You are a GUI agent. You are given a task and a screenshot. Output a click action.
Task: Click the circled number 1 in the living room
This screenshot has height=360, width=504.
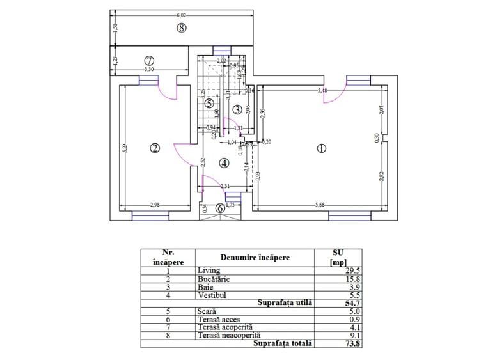click(322, 148)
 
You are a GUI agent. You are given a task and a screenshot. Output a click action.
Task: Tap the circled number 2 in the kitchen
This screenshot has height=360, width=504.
click(154, 148)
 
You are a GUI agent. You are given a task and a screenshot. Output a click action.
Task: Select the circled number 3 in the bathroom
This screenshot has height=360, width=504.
click(237, 110)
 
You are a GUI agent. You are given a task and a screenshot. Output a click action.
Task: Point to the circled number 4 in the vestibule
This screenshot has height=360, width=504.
click(223, 163)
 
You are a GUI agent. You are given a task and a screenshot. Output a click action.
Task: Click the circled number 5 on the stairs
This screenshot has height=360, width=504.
click(209, 102)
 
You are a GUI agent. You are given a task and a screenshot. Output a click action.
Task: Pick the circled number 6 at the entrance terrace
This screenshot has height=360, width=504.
click(220, 207)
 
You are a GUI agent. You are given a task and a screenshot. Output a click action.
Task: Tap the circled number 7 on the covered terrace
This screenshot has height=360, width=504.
click(148, 61)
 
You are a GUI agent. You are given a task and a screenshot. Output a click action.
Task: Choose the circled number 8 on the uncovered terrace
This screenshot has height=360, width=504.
click(182, 27)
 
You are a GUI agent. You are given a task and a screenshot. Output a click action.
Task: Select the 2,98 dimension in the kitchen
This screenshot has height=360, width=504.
click(155, 205)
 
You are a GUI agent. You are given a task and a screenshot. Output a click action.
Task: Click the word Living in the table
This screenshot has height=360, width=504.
click(209, 271)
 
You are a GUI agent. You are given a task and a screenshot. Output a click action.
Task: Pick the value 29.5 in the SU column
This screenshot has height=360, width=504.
click(330, 271)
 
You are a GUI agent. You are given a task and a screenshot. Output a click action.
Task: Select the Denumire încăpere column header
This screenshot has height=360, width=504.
click(254, 258)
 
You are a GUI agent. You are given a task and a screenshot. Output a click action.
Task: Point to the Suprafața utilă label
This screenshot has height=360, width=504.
click(284, 302)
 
